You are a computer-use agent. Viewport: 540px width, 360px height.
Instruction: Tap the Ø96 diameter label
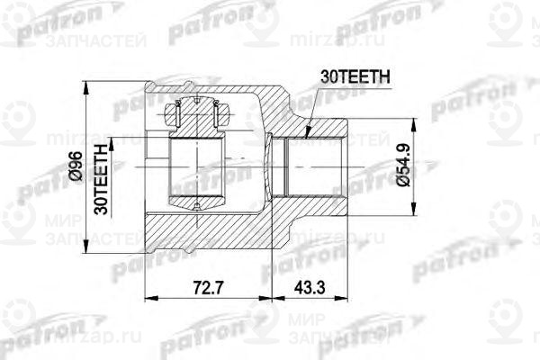76,166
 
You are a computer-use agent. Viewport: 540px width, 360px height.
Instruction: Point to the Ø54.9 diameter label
402,166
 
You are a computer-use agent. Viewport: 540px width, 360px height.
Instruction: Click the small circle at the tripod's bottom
196,208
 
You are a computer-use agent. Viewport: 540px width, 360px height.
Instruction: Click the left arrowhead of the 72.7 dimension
149,298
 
